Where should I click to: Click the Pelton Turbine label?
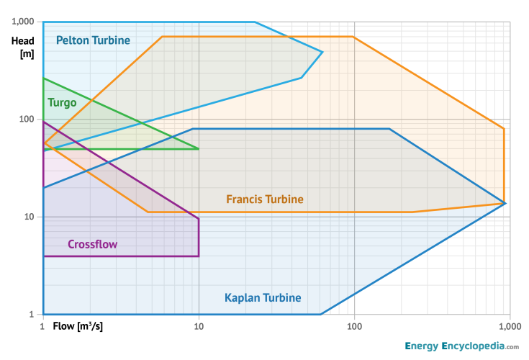(x=93, y=40)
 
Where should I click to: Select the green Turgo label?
(x=62, y=102)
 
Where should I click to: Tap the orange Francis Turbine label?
(x=265, y=199)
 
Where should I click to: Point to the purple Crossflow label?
(x=92, y=244)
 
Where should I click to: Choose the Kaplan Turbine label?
(x=263, y=297)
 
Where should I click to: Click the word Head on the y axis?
(x=23, y=41)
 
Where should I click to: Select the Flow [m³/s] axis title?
(x=78, y=326)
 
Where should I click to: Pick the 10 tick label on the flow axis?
(x=199, y=326)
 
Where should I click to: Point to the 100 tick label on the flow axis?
(x=354, y=326)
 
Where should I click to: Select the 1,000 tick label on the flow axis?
(x=509, y=326)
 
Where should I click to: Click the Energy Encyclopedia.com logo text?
(x=461, y=346)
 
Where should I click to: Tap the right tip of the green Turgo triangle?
(x=199, y=149)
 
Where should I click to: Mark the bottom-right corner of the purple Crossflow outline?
(x=199, y=256)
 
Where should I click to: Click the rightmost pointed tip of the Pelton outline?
(x=322, y=52)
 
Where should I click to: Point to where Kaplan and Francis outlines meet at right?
(x=505, y=203)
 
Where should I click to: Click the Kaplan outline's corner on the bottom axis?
(x=320, y=315)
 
